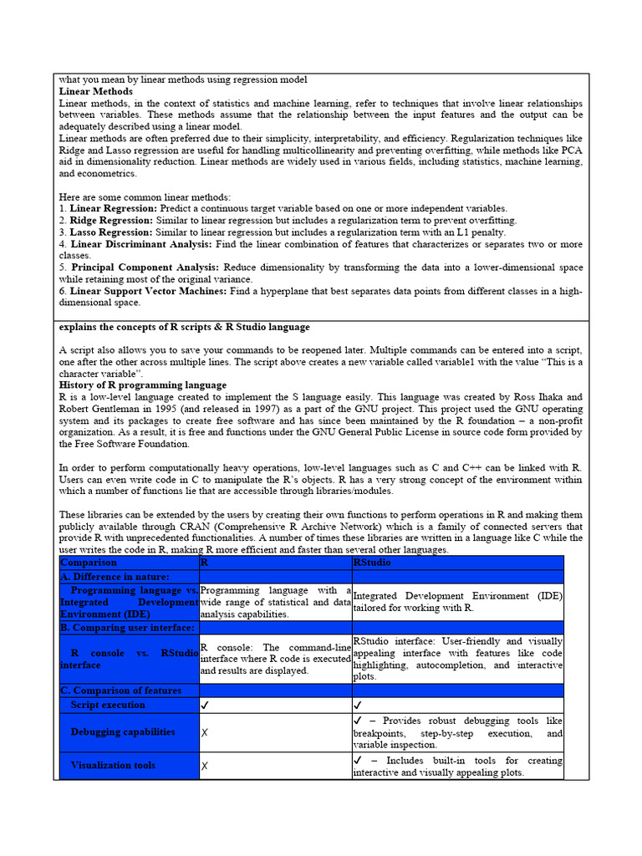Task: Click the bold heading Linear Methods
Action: coord(96,91)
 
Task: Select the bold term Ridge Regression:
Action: coord(111,220)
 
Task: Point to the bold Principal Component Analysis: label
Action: coord(145,267)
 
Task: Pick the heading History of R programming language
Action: coord(143,385)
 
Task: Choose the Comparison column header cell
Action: coord(89,563)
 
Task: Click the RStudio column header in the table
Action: coord(373,563)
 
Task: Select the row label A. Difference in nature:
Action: coord(115,577)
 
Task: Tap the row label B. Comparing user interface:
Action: coord(127,627)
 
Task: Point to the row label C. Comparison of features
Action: coord(120,690)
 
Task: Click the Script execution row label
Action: coord(108,705)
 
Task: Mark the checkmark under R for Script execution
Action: coord(206,706)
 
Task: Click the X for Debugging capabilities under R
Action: coord(205,732)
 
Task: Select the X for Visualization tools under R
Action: coord(205,766)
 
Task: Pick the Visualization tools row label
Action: coord(113,765)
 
